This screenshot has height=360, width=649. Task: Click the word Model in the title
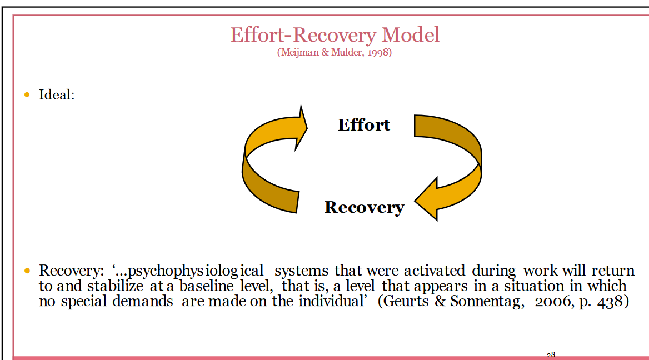[410, 35]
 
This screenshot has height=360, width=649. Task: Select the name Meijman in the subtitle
[298, 53]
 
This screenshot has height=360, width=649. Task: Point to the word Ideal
[56, 94]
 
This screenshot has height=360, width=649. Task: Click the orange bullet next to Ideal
[27, 94]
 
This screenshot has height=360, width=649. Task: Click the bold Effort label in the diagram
[364, 124]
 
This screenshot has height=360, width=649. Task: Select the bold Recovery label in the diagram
[364, 207]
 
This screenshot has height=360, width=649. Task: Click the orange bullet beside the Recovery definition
[27, 271]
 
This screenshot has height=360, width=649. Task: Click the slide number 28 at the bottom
[551, 355]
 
